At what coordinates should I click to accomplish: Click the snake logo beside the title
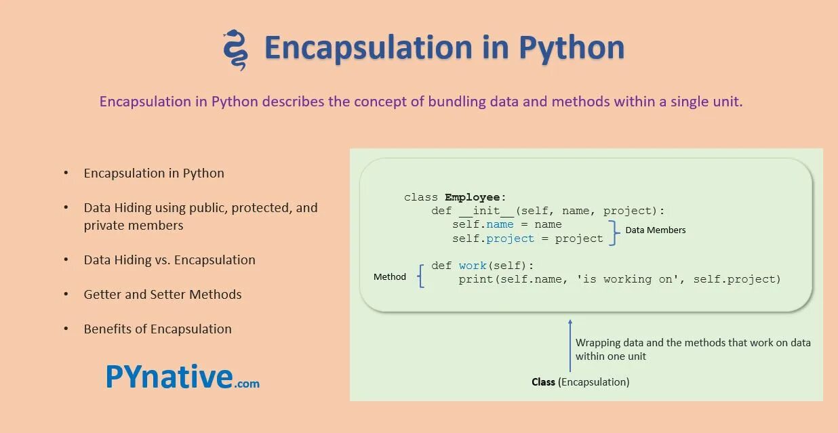coord(235,49)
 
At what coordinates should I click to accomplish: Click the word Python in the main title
coord(571,47)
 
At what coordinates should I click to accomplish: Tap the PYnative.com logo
coord(182,377)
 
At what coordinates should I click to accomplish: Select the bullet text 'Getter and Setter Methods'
coord(163,294)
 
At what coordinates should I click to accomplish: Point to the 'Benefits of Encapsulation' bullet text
coord(157,329)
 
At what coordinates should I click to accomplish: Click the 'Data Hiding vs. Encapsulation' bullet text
coord(169,260)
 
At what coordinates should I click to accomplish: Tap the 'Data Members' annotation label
coord(655,230)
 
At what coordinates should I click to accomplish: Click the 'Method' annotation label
coord(390,276)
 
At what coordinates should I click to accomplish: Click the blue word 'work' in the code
coord(473,266)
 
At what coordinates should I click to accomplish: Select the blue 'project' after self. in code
coord(511,239)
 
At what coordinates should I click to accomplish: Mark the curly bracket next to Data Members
coord(614,232)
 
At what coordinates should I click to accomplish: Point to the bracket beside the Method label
coord(421,276)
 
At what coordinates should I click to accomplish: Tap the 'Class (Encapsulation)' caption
coord(580,382)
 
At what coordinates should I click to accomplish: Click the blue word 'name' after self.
coord(500,224)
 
